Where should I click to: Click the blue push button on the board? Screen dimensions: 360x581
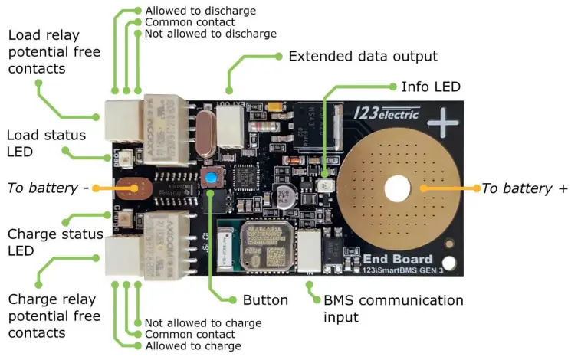point(208,179)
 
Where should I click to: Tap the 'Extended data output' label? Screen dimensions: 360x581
point(363,56)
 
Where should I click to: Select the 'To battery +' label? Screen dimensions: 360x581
point(524,188)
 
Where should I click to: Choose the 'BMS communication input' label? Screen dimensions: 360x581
point(393,308)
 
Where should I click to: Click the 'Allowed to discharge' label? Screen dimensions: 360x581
point(200,11)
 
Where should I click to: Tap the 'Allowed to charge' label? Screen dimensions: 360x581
point(192,345)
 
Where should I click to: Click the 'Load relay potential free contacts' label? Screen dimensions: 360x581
point(44,52)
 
